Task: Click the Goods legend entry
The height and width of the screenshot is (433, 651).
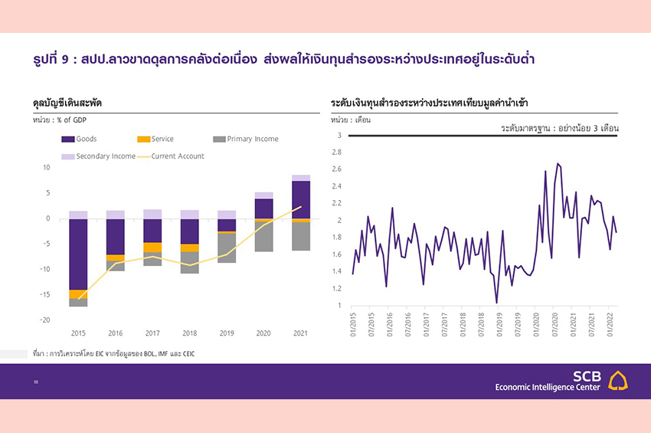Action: pos(86,139)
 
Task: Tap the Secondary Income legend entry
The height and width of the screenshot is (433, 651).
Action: pos(106,156)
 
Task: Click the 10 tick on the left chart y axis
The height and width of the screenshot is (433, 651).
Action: pos(46,167)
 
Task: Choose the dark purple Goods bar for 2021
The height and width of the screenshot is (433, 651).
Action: pos(301,200)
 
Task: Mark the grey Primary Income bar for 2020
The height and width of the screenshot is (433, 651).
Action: pos(263,236)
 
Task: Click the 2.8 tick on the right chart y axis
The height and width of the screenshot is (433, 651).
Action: pos(336,153)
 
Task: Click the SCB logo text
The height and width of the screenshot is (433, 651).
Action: pos(587,376)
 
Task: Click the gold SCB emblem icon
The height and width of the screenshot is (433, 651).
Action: pos(618,381)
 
